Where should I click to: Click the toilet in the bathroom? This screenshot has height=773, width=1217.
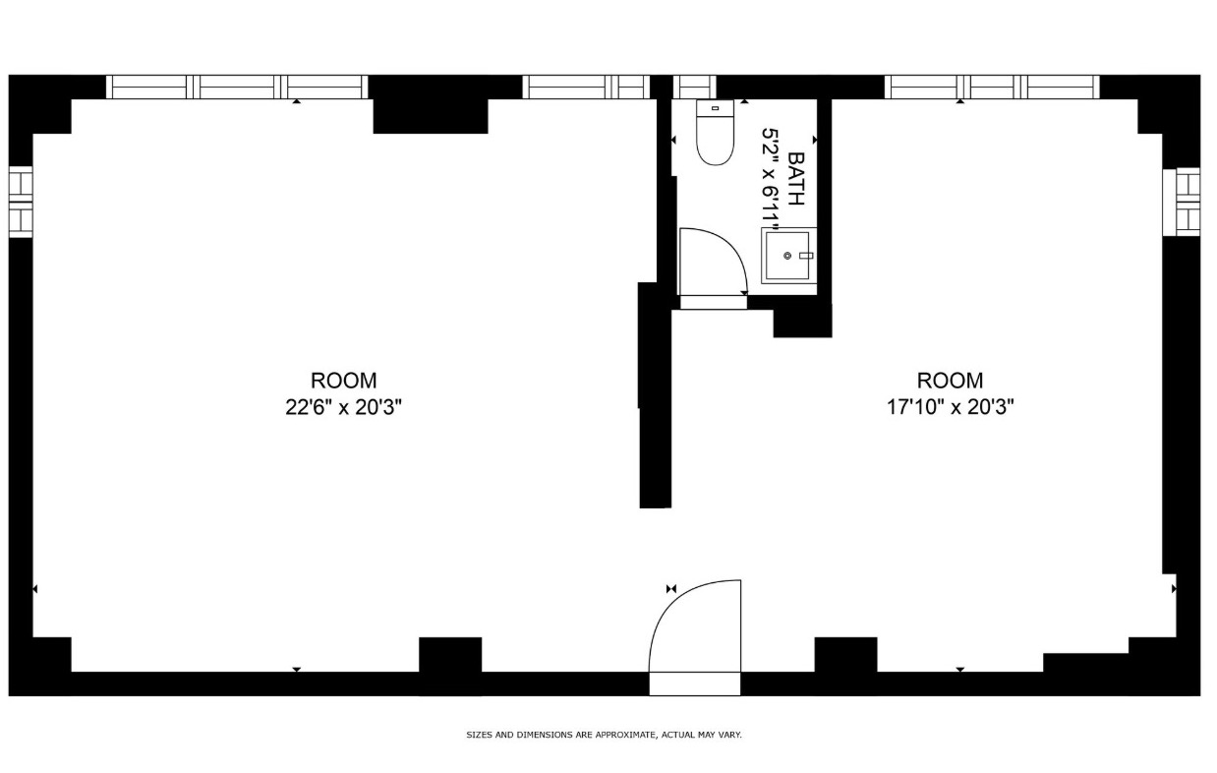tap(715, 132)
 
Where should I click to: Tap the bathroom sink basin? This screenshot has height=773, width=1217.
tap(788, 256)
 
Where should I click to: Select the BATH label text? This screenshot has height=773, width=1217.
tap(796, 179)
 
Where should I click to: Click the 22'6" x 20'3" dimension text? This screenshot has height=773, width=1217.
tap(343, 407)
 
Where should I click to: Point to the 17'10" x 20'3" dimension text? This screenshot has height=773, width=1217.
tap(951, 407)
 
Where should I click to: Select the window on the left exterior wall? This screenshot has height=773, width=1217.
tap(21, 202)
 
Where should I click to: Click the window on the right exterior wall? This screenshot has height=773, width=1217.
tap(1182, 203)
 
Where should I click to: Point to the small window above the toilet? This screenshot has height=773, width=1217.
tap(695, 87)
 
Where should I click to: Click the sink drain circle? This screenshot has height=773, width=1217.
tap(787, 256)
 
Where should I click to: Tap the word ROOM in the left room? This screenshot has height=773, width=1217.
tap(343, 381)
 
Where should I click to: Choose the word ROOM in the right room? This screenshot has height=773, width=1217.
tap(951, 381)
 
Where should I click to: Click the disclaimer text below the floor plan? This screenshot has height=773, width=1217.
tap(605, 735)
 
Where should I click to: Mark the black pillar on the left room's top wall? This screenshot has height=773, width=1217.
tap(431, 116)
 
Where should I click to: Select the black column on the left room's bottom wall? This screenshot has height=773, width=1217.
tap(450, 655)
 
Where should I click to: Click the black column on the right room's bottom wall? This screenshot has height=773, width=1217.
tap(845, 655)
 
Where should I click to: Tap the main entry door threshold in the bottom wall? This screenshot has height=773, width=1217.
tap(695, 684)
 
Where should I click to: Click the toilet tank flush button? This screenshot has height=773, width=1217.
tap(715, 108)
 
